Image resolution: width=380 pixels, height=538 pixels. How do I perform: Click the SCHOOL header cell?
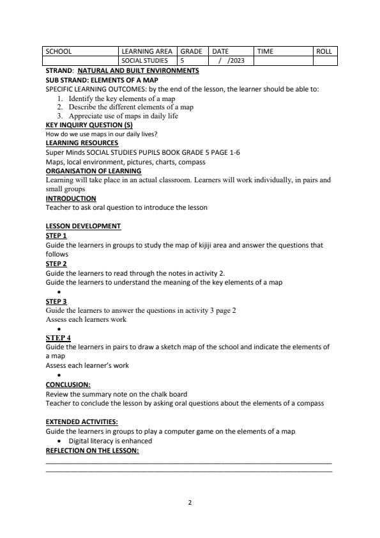[x=59, y=51]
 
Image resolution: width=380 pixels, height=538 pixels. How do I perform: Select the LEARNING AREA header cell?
[x=146, y=51]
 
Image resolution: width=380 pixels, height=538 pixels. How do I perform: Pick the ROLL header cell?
[x=324, y=51]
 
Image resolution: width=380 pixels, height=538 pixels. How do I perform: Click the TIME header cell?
[x=265, y=51]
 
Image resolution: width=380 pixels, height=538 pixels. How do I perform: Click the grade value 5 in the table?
[x=183, y=61]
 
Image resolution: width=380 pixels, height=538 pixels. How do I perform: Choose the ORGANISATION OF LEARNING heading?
[x=93, y=171]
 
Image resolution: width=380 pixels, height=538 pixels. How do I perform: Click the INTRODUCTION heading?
[x=71, y=198]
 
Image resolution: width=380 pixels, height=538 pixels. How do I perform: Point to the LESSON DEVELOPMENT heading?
[x=83, y=226]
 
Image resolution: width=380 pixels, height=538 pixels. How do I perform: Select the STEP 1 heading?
[x=56, y=235]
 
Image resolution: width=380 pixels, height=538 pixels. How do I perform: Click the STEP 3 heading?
[x=56, y=301]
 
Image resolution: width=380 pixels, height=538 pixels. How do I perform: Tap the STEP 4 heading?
[x=58, y=337]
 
